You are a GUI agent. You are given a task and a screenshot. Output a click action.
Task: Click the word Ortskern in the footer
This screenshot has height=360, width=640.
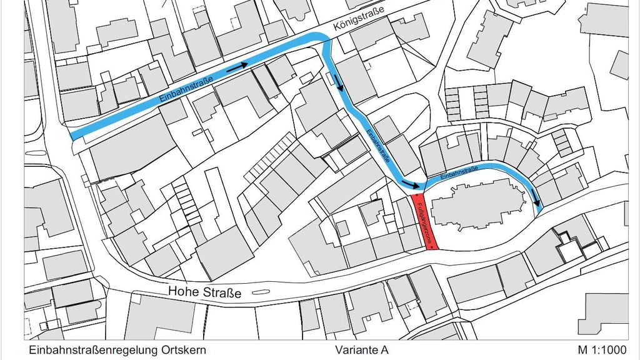click(183, 350)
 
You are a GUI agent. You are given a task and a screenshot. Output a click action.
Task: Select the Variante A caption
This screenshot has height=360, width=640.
click(361, 350)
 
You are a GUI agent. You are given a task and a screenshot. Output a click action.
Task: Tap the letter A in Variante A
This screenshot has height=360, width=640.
click(384, 350)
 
